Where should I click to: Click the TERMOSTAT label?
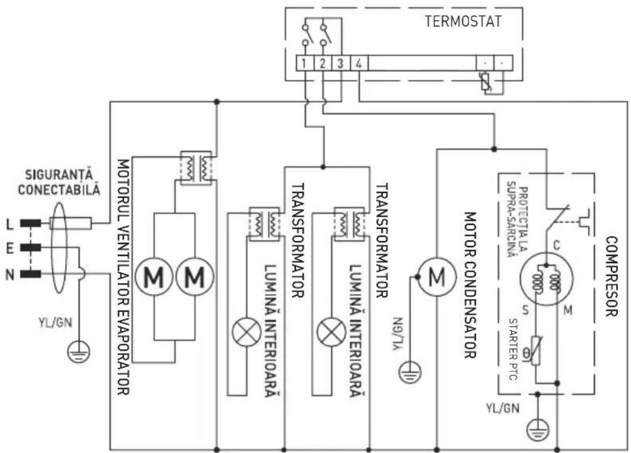coord(463,22)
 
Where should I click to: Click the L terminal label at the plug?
coord(9,224)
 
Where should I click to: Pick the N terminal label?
coord(9,274)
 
